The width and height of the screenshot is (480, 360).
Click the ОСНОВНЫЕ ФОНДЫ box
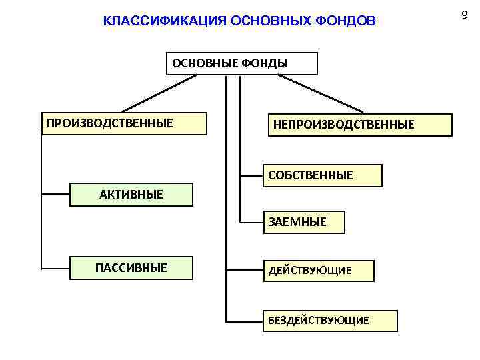[241, 63]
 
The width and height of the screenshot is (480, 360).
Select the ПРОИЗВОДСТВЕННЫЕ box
[124, 123]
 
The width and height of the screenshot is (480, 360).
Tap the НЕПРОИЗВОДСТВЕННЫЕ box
[361, 125]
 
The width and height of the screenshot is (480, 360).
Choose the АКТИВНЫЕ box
[131, 195]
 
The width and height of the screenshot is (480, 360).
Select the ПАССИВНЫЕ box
[131, 268]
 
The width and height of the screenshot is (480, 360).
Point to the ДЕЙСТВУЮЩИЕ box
[318, 270]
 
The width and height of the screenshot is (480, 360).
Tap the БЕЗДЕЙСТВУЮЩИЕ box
[330, 321]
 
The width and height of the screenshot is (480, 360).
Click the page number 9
[465, 14]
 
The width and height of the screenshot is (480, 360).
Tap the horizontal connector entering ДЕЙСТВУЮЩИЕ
[244, 270]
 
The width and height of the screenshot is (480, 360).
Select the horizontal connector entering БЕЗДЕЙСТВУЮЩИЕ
[244, 321]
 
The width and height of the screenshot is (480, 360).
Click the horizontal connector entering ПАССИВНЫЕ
[56, 268]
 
